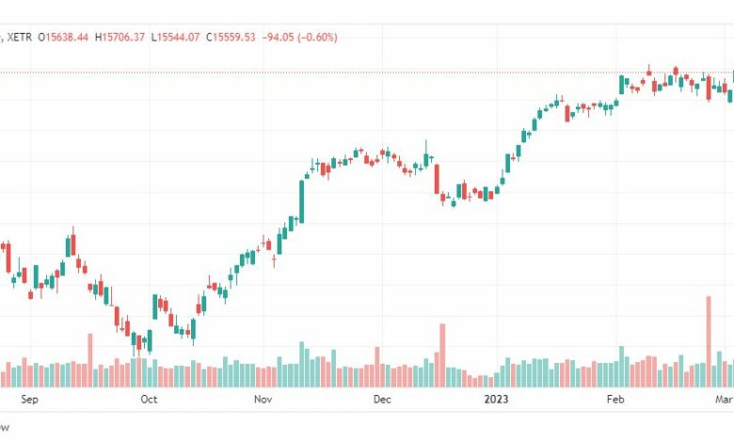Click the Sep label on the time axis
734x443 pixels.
(28, 400)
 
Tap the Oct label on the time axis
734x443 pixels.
(148, 400)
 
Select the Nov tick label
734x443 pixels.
(263, 400)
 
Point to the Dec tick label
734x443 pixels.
(381, 400)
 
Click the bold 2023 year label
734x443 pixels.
(496, 400)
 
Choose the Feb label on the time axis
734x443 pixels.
(614, 400)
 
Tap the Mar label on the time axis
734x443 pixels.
(724, 400)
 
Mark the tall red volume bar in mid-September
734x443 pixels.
(90, 360)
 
